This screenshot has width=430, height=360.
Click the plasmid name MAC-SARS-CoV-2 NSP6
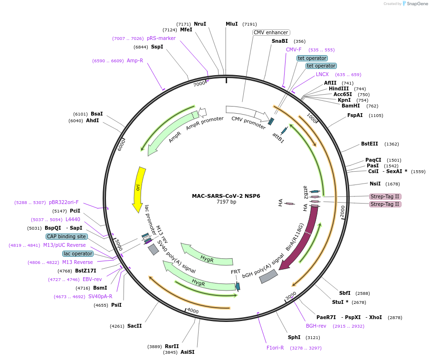[226, 196]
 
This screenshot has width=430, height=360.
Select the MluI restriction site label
[232, 24]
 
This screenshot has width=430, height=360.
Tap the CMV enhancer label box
[271, 32]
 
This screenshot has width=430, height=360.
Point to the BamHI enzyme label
[351, 106]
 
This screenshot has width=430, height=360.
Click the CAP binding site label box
[67, 236]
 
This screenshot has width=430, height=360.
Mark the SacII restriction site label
[134, 326]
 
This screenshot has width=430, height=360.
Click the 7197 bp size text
[226, 202]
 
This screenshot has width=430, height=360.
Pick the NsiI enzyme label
[375, 184]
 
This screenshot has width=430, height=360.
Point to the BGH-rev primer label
[316, 326]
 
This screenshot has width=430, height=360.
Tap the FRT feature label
[236, 272]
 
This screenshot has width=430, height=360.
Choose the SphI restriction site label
[294, 337]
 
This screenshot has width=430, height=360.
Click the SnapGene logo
[415, 4]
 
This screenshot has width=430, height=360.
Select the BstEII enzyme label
[370, 144]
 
